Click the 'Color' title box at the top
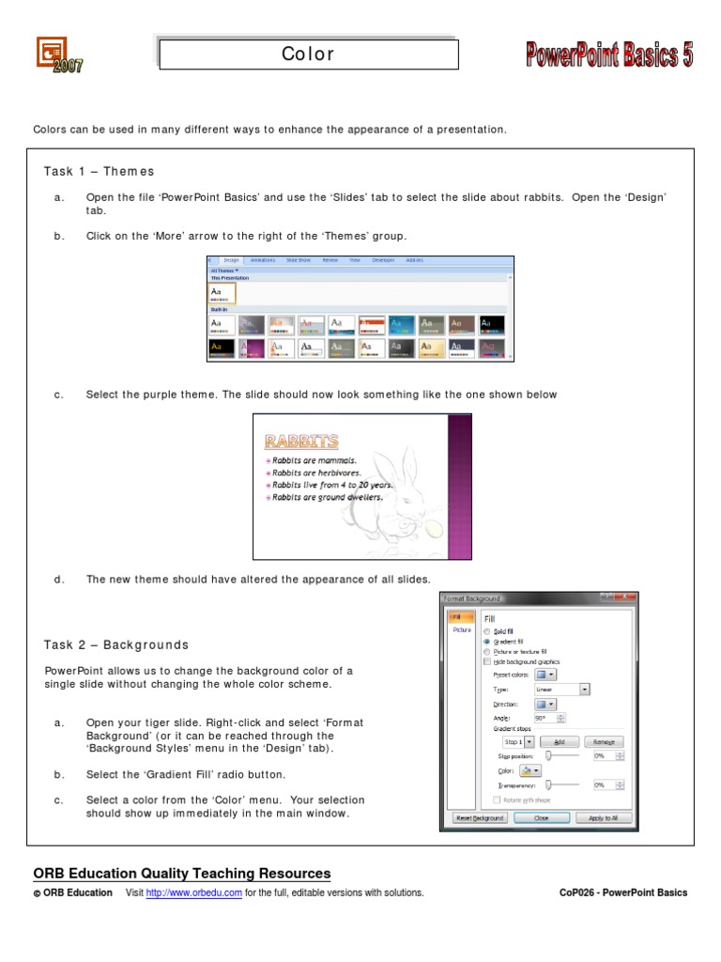click(x=308, y=54)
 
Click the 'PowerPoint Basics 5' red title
click(x=608, y=56)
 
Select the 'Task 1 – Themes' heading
click(x=99, y=171)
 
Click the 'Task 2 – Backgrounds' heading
click(x=115, y=644)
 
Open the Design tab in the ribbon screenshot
click(x=231, y=260)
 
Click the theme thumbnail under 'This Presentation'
click(x=222, y=294)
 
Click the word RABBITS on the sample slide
click(x=301, y=441)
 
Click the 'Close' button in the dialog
click(x=542, y=818)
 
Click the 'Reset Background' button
click(x=480, y=818)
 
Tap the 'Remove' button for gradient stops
click(x=605, y=741)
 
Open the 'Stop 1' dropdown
click(x=518, y=741)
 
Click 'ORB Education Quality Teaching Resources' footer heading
click(x=182, y=873)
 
